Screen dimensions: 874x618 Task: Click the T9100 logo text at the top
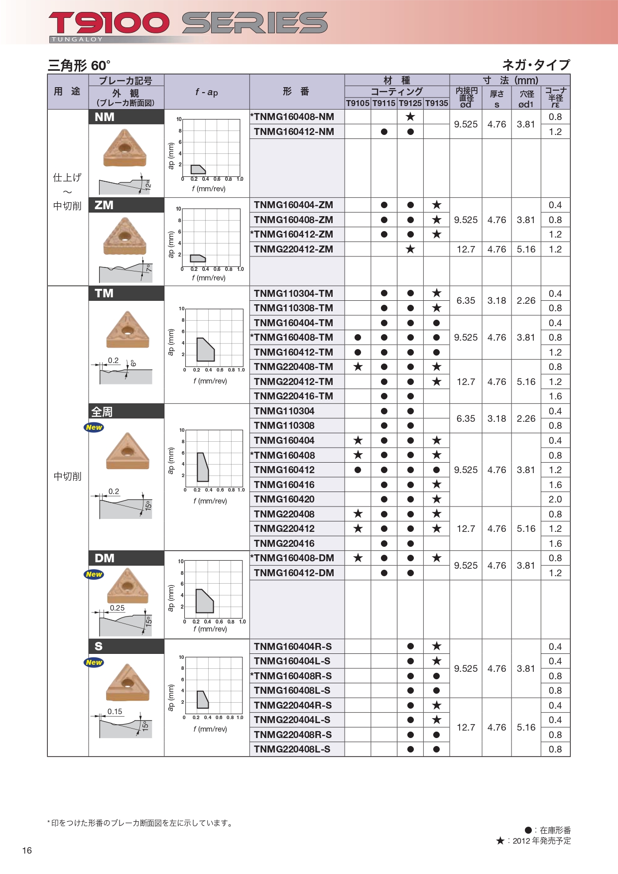click(x=109, y=23)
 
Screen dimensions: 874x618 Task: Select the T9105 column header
click(x=358, y=103)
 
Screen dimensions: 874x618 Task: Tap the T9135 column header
click(x=436, y=103)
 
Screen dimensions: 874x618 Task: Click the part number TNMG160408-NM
click(x=293, y=117)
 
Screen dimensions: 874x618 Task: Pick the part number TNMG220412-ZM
click(x=293, y=250)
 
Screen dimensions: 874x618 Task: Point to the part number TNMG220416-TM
click(x=293, y=396)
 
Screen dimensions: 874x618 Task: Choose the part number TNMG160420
click(x=284, y=499)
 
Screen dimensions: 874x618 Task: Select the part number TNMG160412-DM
click(x=294, y=573)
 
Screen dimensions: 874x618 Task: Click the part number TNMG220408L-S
click(x=292, y=749)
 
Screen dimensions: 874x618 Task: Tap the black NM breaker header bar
click(x=126, y=117)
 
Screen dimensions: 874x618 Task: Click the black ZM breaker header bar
click(x=126, y=205)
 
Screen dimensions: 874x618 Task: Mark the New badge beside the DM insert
click(x=94, y=574)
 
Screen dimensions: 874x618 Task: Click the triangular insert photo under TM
click(x=127, y=330)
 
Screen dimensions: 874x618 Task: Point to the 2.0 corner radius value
click(x=555, y=499)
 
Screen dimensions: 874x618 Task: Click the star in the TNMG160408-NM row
click(x=410, y=117)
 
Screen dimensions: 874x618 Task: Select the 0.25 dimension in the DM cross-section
click(x=118, y=608)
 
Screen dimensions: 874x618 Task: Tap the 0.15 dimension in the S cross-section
click(x=115, y=712)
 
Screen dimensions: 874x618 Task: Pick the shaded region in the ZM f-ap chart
click(x=197, y=258)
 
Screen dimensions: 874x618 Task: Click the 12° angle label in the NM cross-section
click(x=148, y=185)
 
